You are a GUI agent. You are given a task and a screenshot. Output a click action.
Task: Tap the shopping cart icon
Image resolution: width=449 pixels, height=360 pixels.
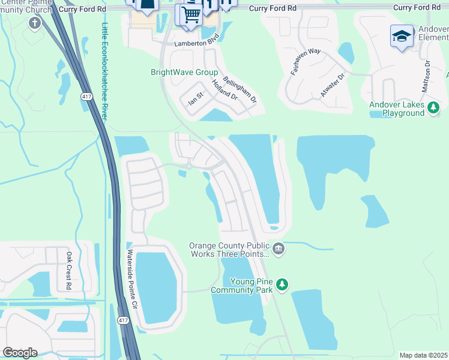click(x=191, y=14)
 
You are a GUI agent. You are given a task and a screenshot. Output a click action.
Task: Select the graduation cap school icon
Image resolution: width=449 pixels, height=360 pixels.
click(x=401, y=36)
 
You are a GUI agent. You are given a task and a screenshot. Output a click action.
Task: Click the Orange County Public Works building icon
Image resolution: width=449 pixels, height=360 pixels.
click(x=278, y=248)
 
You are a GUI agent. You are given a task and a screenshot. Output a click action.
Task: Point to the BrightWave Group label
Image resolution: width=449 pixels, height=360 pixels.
click(x=184, y=72)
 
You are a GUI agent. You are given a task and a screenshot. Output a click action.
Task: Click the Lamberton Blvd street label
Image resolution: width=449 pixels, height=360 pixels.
click(x=196, y=44)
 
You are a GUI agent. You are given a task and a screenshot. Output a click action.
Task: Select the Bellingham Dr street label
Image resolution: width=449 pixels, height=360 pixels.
click(x=240, y=89)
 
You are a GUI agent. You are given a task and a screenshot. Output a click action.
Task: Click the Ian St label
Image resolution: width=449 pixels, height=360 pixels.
click(x=197, y=98)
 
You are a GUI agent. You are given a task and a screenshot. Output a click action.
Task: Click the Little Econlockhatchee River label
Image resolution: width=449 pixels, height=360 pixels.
click(x=104, y=72)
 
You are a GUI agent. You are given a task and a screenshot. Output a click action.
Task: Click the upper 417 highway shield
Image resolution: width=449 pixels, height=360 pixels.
click(x=86, y=95)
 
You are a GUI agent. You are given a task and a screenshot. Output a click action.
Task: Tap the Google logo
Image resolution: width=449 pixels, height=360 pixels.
click(x=20, y=353)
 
